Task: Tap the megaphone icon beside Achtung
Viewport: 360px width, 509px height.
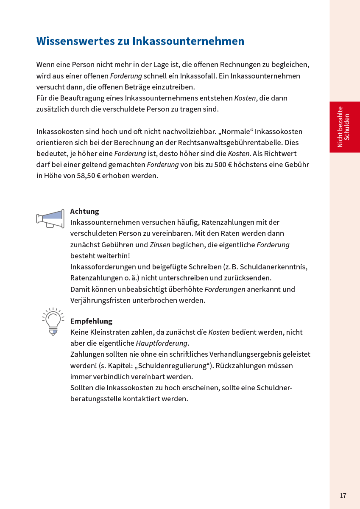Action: click(50, 219)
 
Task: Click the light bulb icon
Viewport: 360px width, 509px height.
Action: click(53, 321)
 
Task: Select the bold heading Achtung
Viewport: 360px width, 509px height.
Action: click(84, 211)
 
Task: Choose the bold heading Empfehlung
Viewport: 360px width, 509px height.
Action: click(91, 321)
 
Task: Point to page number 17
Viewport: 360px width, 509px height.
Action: click(343, 495)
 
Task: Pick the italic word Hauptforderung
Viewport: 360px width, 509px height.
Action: click(162, 343)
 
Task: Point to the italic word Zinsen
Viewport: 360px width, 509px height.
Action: click(160, 245)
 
